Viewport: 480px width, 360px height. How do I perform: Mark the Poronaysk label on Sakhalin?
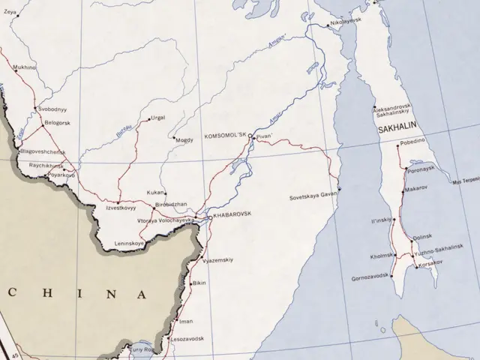[x=422, y=168]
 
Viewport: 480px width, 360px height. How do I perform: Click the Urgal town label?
[x=159, y=118]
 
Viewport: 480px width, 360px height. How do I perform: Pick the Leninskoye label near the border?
[x=130, y=244]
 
